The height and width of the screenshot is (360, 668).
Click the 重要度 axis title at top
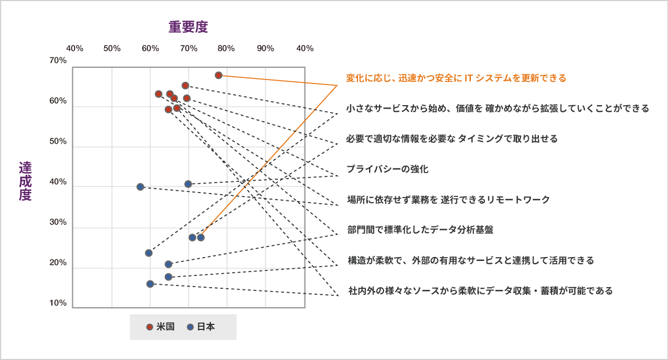pos(188,27)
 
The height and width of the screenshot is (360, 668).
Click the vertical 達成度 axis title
pos(25,181)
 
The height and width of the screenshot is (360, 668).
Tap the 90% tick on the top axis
pos(266,48)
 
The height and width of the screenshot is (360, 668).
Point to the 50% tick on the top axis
pos(112,48)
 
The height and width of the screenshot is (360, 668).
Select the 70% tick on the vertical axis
pos(58,60)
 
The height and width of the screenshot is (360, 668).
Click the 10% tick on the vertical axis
pos(58,303)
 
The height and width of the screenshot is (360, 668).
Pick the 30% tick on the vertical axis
pos(58,223)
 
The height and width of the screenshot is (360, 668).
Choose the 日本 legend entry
pos(201,327)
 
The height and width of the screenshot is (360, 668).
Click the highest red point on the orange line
pos(218,75)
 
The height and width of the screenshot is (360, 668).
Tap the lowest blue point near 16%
pos(150,284)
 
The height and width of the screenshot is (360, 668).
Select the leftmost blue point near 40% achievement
pos(140,187)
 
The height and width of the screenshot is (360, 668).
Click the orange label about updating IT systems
pos(456,78)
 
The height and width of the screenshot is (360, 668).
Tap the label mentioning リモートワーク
pos(448,199)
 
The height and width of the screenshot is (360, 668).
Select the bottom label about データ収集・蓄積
pos(480,290)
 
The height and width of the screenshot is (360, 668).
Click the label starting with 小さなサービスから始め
pos(497,109)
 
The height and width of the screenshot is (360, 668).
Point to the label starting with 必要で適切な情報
pos(451,139)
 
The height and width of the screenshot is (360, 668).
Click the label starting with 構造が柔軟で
pos(470,260)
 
